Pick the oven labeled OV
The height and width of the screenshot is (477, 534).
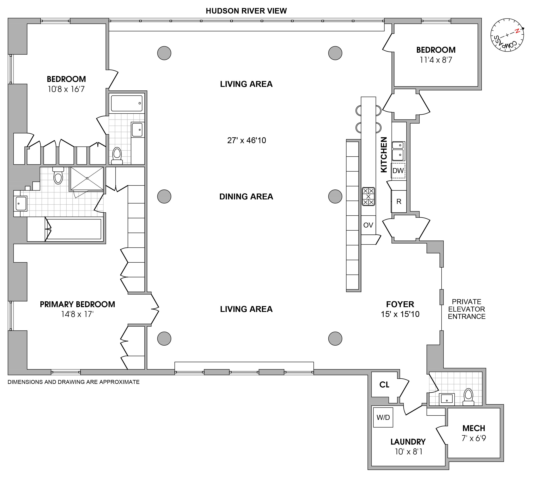[368, 225]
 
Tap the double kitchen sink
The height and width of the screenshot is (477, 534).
[398, 151]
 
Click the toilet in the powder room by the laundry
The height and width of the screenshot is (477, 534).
[468, 397]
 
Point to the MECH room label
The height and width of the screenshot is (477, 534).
[474, 428]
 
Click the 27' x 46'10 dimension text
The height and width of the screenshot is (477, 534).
[247, 140]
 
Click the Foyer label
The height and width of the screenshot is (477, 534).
[400, 304]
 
